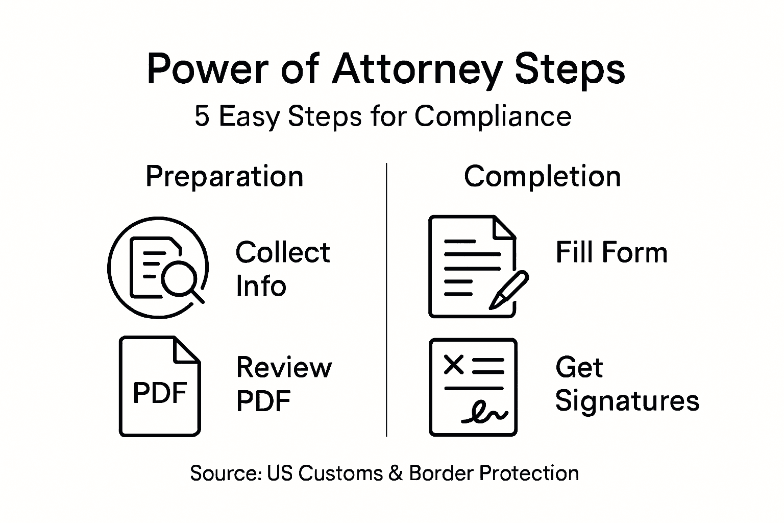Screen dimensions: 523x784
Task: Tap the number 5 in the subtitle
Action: click(x=202, y=116)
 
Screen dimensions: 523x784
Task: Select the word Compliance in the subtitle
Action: click(x=493, y=116)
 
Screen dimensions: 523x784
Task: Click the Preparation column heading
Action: click(x=225, y=177)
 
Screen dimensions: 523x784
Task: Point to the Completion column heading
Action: click(x=542, y=177)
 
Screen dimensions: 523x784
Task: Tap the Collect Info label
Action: click(x=283, y=269)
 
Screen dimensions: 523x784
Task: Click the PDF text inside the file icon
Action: click(x=160, y=393)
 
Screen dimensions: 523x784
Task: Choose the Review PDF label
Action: click(x=284, y=384)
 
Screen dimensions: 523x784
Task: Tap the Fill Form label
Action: click(x=611, y=252)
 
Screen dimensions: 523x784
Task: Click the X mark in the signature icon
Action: click(x=453, y=365)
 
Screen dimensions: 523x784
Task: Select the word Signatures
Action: click(x=627, y=400)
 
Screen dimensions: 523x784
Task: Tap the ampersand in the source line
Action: click(x=396, y=473)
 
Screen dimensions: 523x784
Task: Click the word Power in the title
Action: click(x=207, y=69)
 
